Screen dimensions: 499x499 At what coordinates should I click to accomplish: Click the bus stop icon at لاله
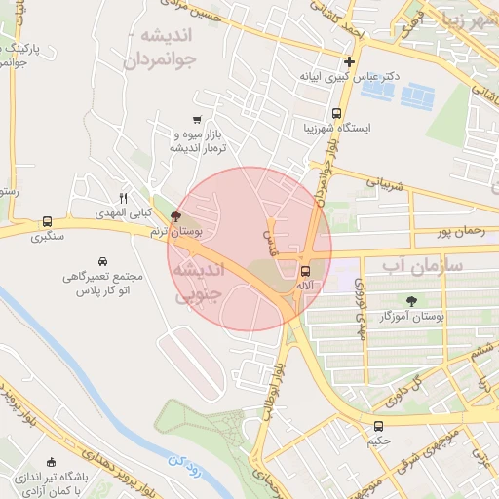pos(306,272)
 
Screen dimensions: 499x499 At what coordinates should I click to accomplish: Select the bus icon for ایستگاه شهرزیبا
pos(337,113)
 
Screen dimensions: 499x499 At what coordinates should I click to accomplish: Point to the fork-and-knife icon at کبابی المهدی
pos(123,197)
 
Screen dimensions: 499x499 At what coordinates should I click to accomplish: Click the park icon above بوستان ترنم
pos(175,216)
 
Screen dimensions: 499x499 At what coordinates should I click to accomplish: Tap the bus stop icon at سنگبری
pos(47,221)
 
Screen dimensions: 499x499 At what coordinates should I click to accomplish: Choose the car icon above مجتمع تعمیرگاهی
pos(103,261)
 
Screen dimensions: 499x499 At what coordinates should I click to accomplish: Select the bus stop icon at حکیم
pos(378,425)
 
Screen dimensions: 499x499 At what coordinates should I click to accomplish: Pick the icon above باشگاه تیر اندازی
pos(52,462)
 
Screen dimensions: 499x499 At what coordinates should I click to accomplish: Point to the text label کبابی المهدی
pos(116,211)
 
